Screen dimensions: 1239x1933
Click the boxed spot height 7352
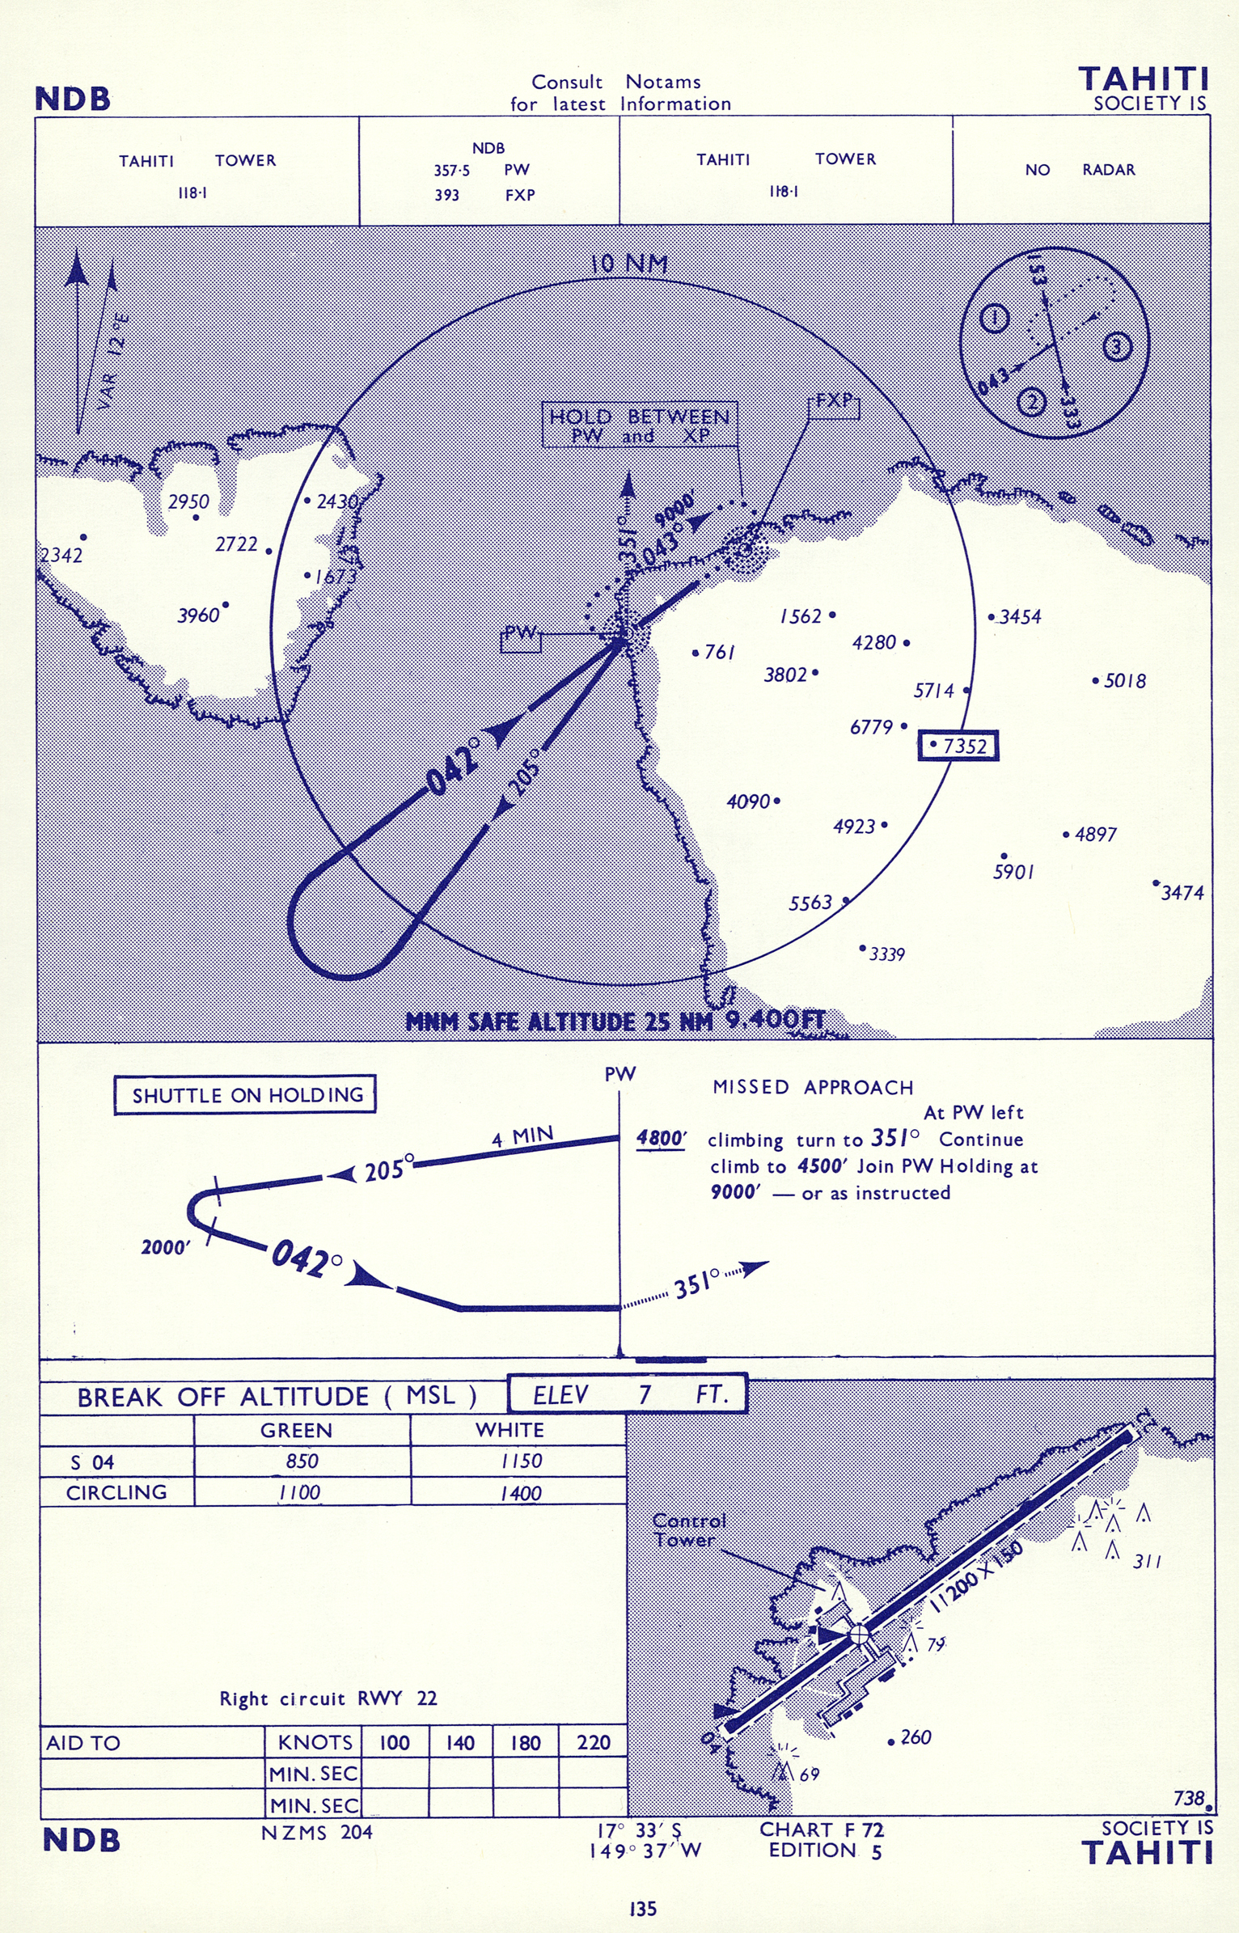[x=958, y=745]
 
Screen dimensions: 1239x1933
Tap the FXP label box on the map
[x=834, y=407]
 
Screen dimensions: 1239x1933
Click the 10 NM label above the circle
[x=629, y=264]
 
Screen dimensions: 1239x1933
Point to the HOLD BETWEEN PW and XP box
[x=640, y=425]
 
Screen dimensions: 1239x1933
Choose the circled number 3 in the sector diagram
[x=1117, y=347]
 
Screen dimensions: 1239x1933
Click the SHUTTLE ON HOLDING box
[x=245, y=1095]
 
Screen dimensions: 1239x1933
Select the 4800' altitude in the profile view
[x=661, y=1139]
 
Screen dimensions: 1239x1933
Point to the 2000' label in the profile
[x=165, y=1247]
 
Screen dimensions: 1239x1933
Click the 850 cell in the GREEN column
[x=302, y=1461]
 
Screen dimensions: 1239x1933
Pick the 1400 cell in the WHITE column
[x=519, y=1492]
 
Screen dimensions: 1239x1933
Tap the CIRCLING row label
[x=116, y=1492]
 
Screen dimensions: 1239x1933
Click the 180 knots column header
[x=525, y=1742]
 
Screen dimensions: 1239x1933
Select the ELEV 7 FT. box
[x=628, y=1394]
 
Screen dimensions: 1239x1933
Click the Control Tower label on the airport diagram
[x=688, y=1530]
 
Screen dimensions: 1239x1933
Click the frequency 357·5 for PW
[x=451, y=171]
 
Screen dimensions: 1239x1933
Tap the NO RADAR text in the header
[x=1080, y=170]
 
